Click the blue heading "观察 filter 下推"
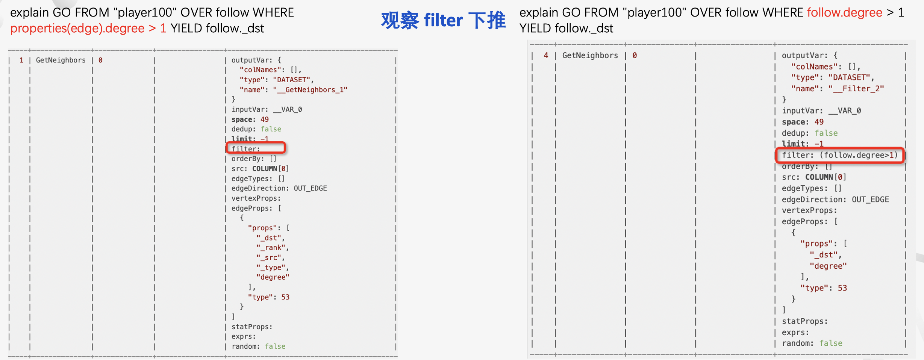point(443,20)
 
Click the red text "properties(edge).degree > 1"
point(88,29)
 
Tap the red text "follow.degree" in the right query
point(844,13)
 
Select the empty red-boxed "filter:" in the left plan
point(256,148)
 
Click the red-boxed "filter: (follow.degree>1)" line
point(839,155)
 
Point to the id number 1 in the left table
point(21,60)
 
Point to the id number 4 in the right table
point(546,56)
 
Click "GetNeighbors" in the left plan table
point(61,60)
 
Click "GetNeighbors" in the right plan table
point(590,56)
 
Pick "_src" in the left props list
point(270,258)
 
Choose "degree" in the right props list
point(828,266)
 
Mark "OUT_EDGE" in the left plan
point(310,188)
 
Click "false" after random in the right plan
point(831,343)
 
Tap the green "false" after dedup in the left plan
point(271,129)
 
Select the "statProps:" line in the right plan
point(804,321)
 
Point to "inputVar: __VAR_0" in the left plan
point(267,109)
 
